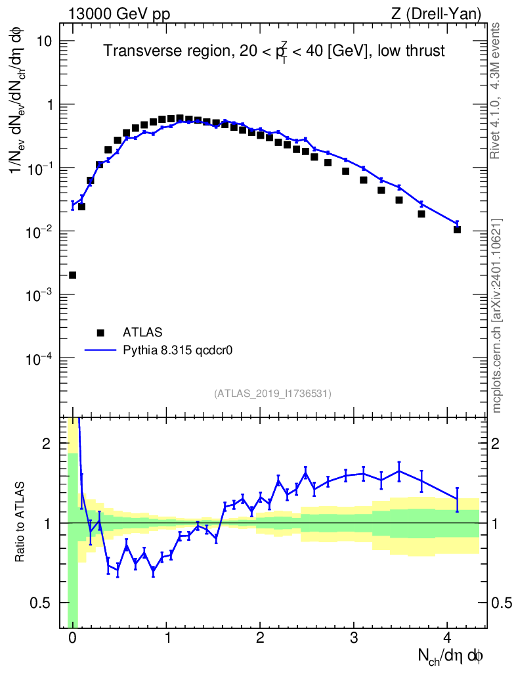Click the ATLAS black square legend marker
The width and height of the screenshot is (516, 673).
pos(100,333)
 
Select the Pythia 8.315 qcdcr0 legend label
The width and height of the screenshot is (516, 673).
pos(179,350)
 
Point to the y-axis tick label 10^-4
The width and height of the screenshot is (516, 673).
pos(40,359)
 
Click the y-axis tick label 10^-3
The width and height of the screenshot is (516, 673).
pos(40,295)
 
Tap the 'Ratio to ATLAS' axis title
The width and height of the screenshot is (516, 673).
pos(21,523)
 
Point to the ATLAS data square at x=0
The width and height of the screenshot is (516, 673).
pos(72,275)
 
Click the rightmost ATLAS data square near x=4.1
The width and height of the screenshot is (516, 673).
pos(457,229)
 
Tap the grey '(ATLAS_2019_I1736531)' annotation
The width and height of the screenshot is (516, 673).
pos(272,394)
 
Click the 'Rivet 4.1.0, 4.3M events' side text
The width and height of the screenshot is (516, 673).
pos(497,90)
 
